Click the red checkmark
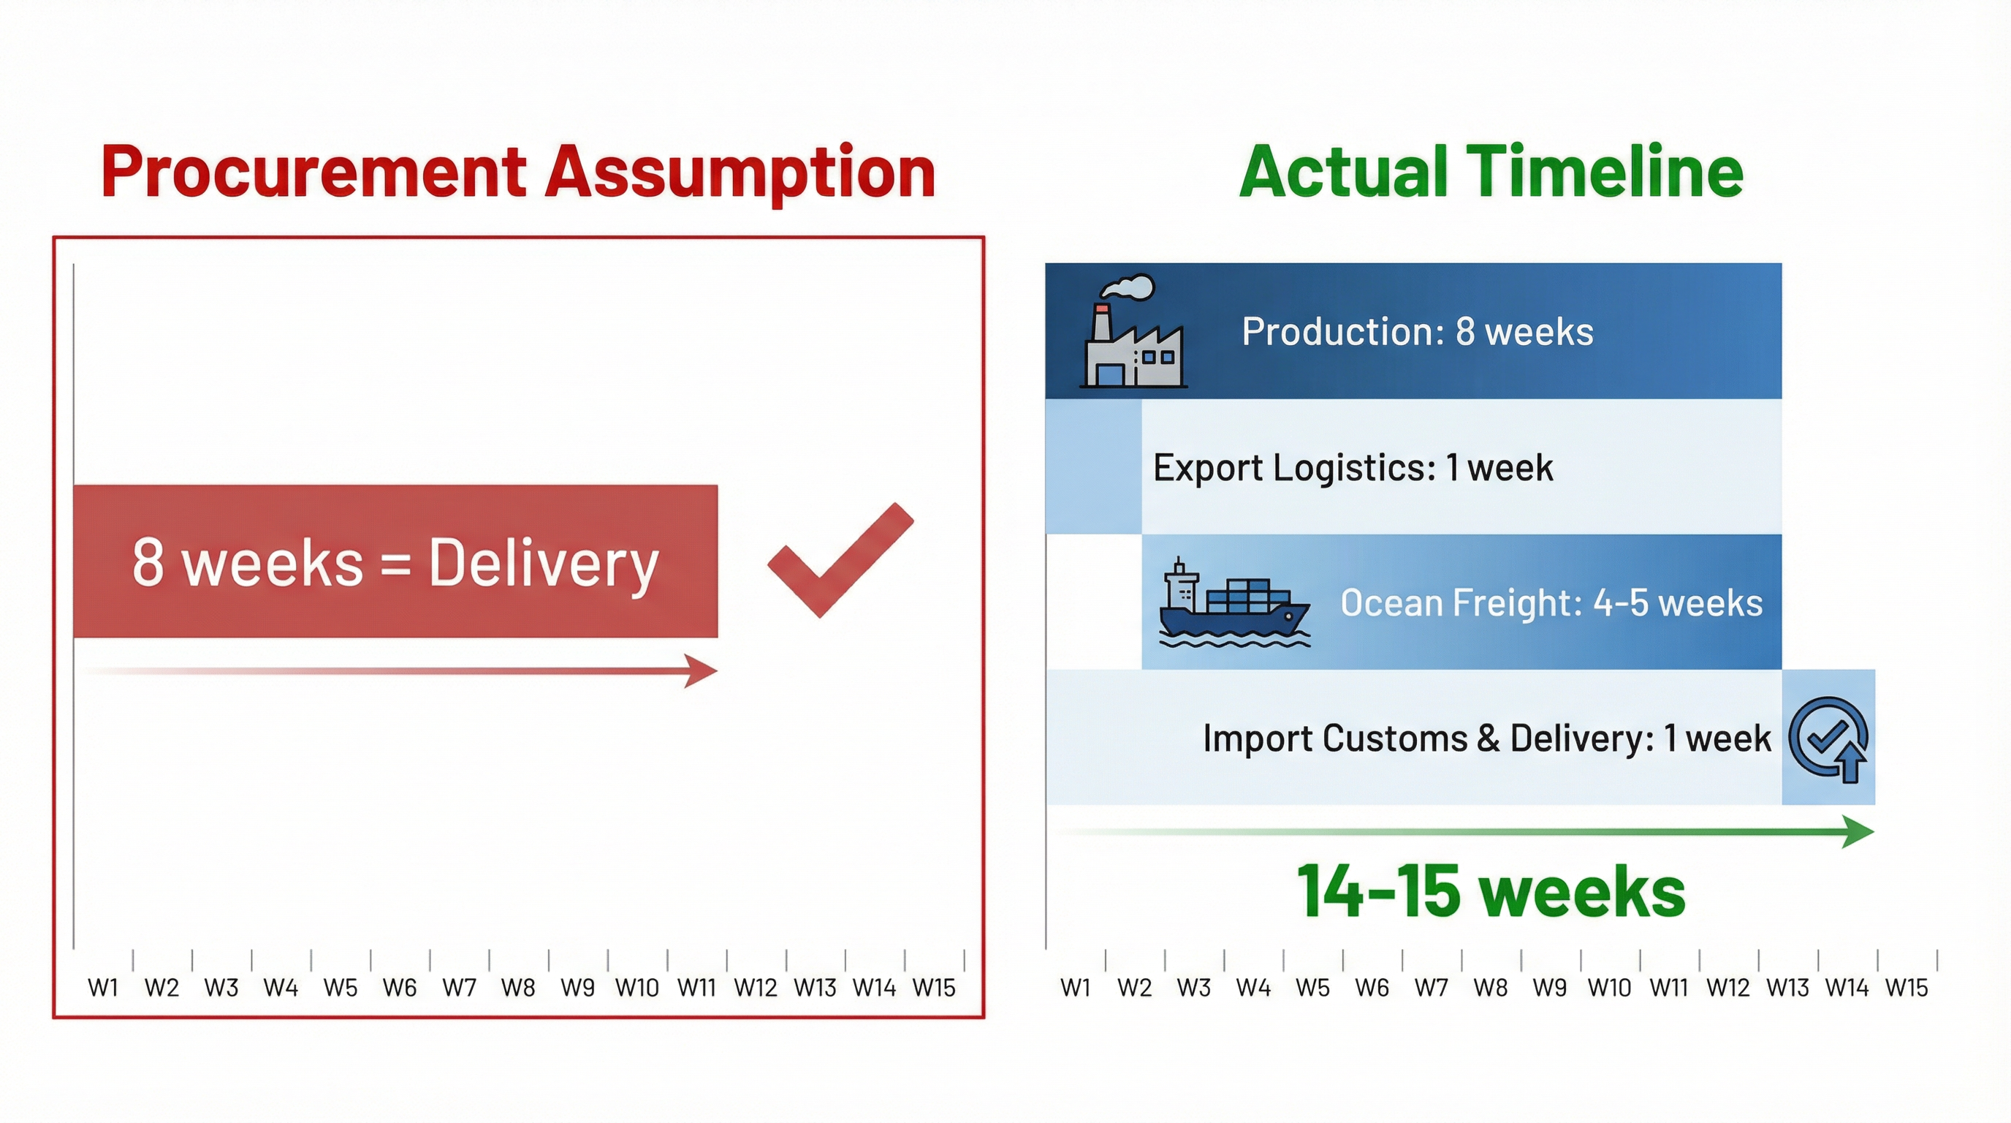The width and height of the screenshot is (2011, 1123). coord(840,560)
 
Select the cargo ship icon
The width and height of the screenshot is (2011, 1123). coord(1234,602)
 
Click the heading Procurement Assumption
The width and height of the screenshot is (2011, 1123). coord(517,172)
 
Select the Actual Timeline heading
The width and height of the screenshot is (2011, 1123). coord(1491,171)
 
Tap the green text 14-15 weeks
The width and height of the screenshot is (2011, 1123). coord(1491,891)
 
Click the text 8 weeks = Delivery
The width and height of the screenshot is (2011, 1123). coord(396,562)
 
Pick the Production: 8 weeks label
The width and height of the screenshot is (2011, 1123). coord(1418,331)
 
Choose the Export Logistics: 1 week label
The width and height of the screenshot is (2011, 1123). coord(1353,468)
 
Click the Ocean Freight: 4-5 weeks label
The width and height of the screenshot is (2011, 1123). coord(1551,603)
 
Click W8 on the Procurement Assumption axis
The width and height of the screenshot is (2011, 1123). coord(518,988)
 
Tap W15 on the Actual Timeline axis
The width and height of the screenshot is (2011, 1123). coord(1907,988)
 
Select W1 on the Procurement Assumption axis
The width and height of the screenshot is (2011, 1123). coord(103,988)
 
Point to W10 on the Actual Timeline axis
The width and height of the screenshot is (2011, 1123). coord(1609,988)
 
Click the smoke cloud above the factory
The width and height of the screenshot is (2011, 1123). coord(1128,287)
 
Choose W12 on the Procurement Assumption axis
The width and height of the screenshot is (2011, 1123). coord(756,988)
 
